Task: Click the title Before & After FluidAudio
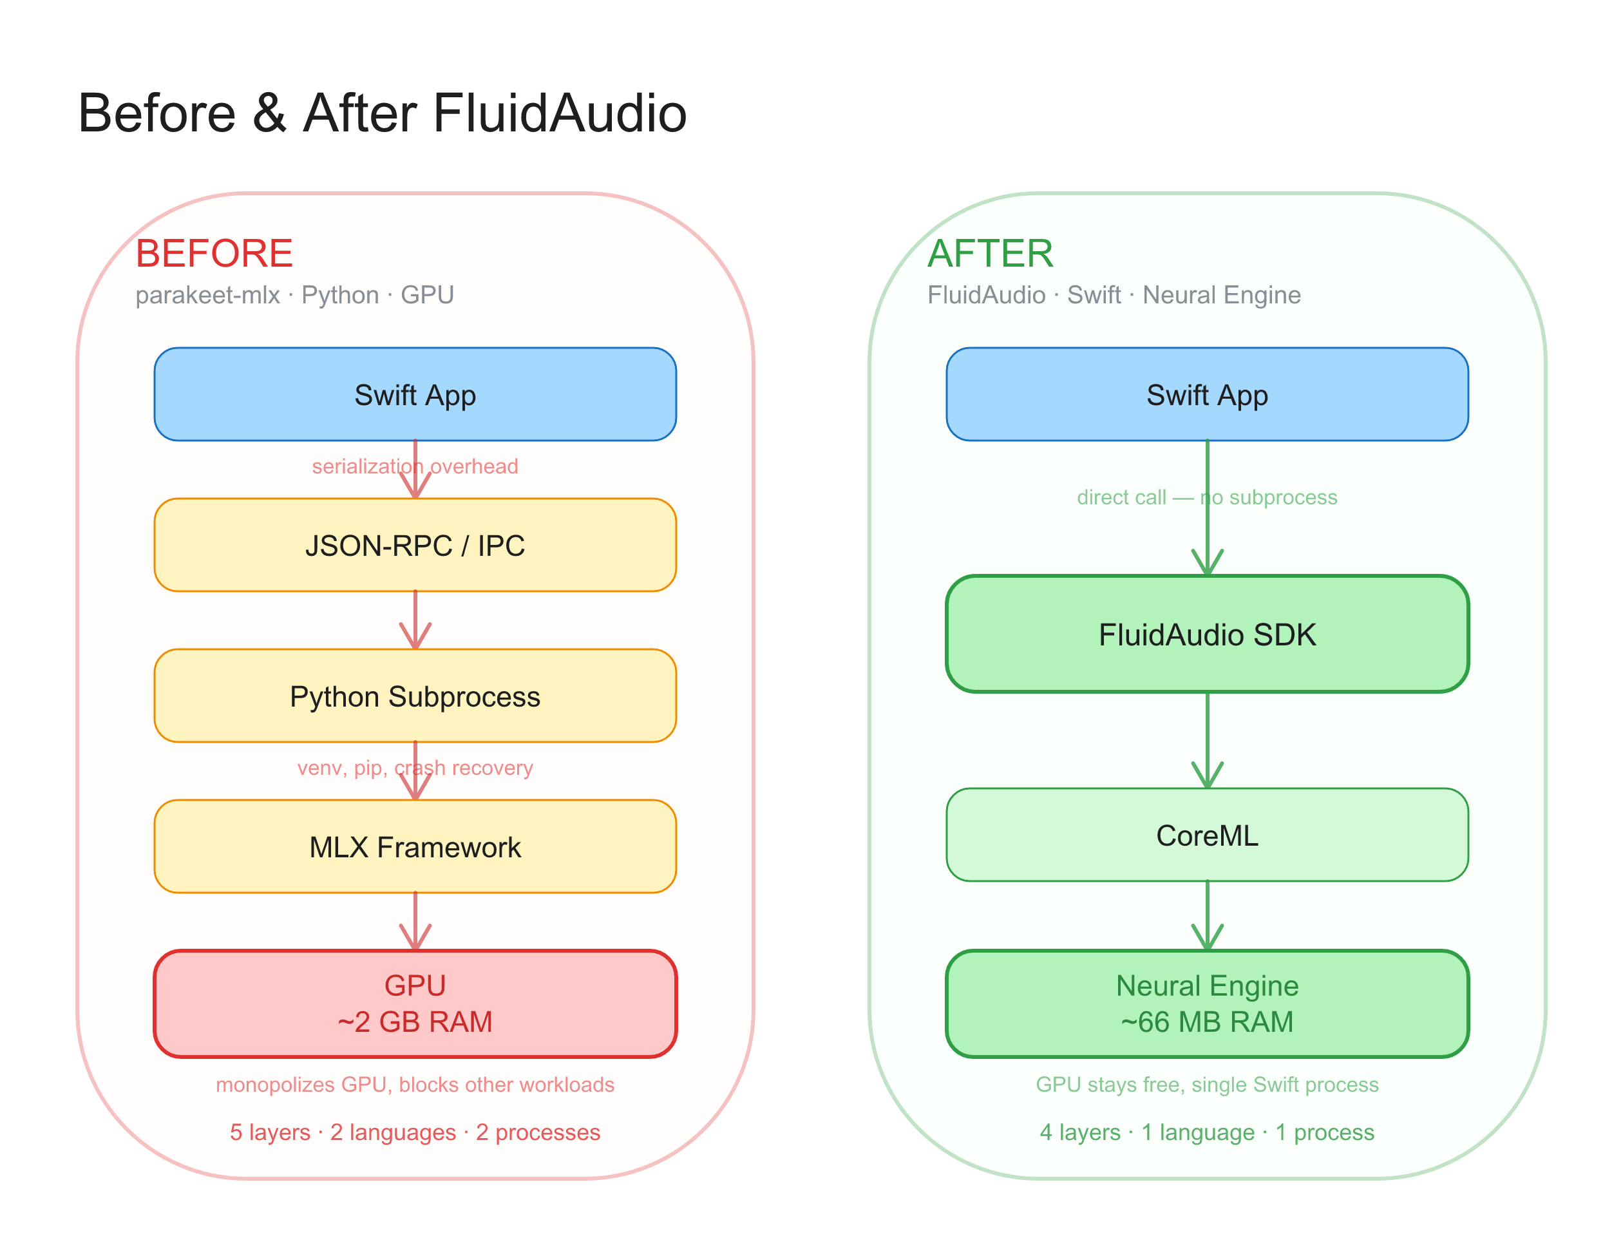pos(382,114)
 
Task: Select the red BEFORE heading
pos(214,253)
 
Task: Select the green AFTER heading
pos(990,253)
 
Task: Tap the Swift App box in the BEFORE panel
pos(415,395)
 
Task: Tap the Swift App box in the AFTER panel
pos(1206,395)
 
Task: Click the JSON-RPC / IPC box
pos(415,546)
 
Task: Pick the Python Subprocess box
pos(415,696)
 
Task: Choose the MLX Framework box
pos(415,846)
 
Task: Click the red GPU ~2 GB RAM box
pos(415,1004)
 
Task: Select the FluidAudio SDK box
pos(1206,634)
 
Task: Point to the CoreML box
pos(1206,835)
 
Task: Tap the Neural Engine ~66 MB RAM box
pos(1206,1004)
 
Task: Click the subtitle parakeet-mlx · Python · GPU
pos(294,295)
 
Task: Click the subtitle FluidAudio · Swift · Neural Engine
pos(1113,295)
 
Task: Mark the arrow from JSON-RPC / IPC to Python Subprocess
pos(415,620)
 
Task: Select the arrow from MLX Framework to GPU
pos(415,922)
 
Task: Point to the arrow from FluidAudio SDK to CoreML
pos(1207,740)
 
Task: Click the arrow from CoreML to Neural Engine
pos(1207,916)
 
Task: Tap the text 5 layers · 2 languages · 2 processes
pos(415,1132)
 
